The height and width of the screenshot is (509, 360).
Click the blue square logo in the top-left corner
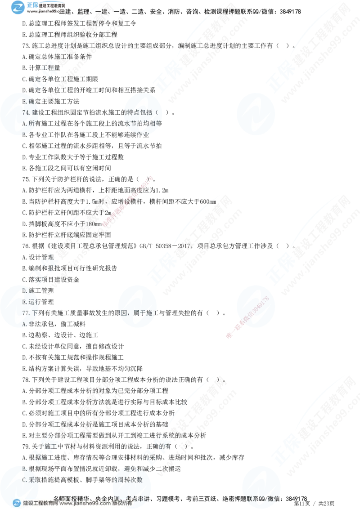point(19,7)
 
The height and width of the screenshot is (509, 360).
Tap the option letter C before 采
point(25,480)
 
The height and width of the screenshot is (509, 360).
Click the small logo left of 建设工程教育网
point(17,503)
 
